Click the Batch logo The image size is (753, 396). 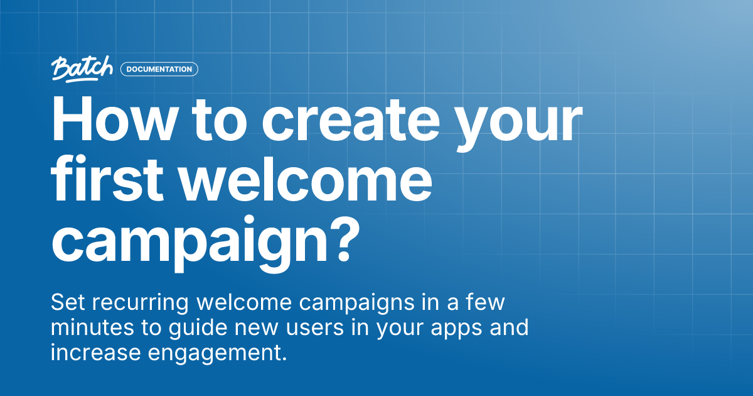tap(82, 69)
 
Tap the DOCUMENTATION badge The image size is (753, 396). tap(159, 69)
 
